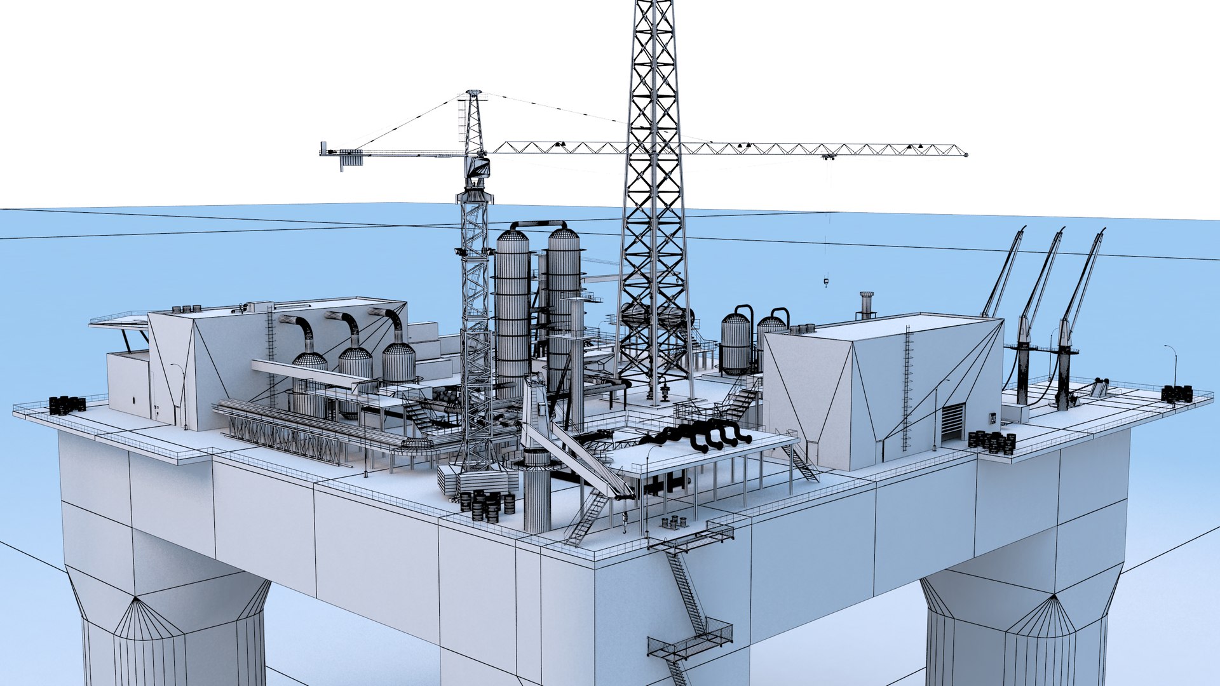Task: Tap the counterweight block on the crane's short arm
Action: (349, 159)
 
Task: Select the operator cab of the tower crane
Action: (478, 168)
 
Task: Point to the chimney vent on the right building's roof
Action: (866, 304)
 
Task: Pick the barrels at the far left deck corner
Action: (67, 405)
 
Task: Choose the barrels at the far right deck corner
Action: (1177, 393)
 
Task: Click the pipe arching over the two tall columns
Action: (538, 225)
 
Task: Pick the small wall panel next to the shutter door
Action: (992, 418)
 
